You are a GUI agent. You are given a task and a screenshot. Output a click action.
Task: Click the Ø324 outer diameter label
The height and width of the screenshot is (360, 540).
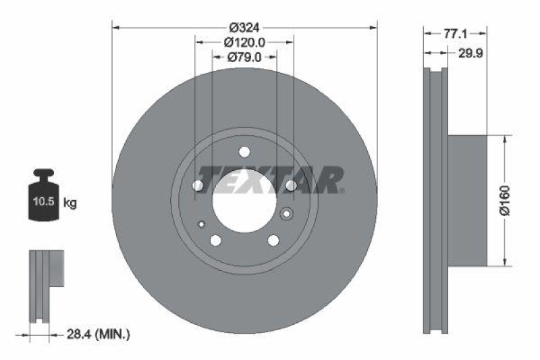pyautogui.click(x=244, y=28)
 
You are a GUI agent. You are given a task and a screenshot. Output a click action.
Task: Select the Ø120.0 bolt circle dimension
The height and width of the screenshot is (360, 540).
pyautogui.click(x=244, y=43)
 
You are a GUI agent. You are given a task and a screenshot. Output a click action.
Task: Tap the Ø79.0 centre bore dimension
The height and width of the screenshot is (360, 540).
pyautogui.click(x=244, y=57)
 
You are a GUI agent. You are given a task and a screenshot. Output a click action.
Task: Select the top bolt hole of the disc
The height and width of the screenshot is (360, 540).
pyautogui.click(x=244, y=151)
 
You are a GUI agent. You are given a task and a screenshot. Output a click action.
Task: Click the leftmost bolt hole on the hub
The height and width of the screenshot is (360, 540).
pyautogui.click(x=198, y=185)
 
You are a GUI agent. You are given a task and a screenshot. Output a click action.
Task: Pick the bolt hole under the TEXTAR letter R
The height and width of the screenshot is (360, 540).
pyautogui.click(x=291, y=185)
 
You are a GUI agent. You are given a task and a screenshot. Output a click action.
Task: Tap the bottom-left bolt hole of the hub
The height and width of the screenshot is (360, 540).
pyautogui.click(x=215, y=240)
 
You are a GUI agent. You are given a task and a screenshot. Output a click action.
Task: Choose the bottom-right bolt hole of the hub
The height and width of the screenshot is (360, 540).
pyautogui.click(x=273, y=240)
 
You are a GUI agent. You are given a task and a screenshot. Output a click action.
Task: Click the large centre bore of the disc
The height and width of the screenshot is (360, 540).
pyautogui.click(x=244, y=200)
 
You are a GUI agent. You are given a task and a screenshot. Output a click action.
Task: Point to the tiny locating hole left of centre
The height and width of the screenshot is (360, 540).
pyautogui.click(x=201, y=224)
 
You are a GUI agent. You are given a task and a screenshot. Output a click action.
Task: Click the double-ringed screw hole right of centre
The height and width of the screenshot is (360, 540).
pyautogui.click(x=286, y=215)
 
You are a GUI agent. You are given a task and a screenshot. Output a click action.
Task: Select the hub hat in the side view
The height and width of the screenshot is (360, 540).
pyautogui.click(x=467, y=201)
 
